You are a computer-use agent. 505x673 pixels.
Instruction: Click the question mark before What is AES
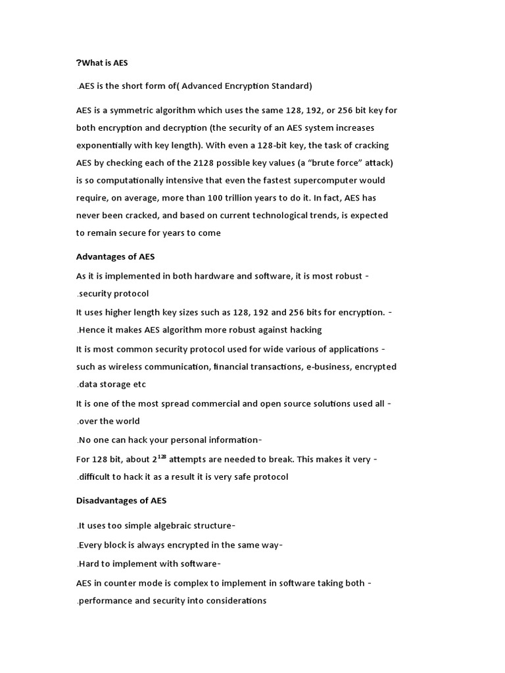79,63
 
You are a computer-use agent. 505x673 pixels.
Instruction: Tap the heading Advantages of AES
115,256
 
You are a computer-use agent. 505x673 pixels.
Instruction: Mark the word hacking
304,330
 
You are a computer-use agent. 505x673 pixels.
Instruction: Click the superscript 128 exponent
162,456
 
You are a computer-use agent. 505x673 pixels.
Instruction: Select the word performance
105,601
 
